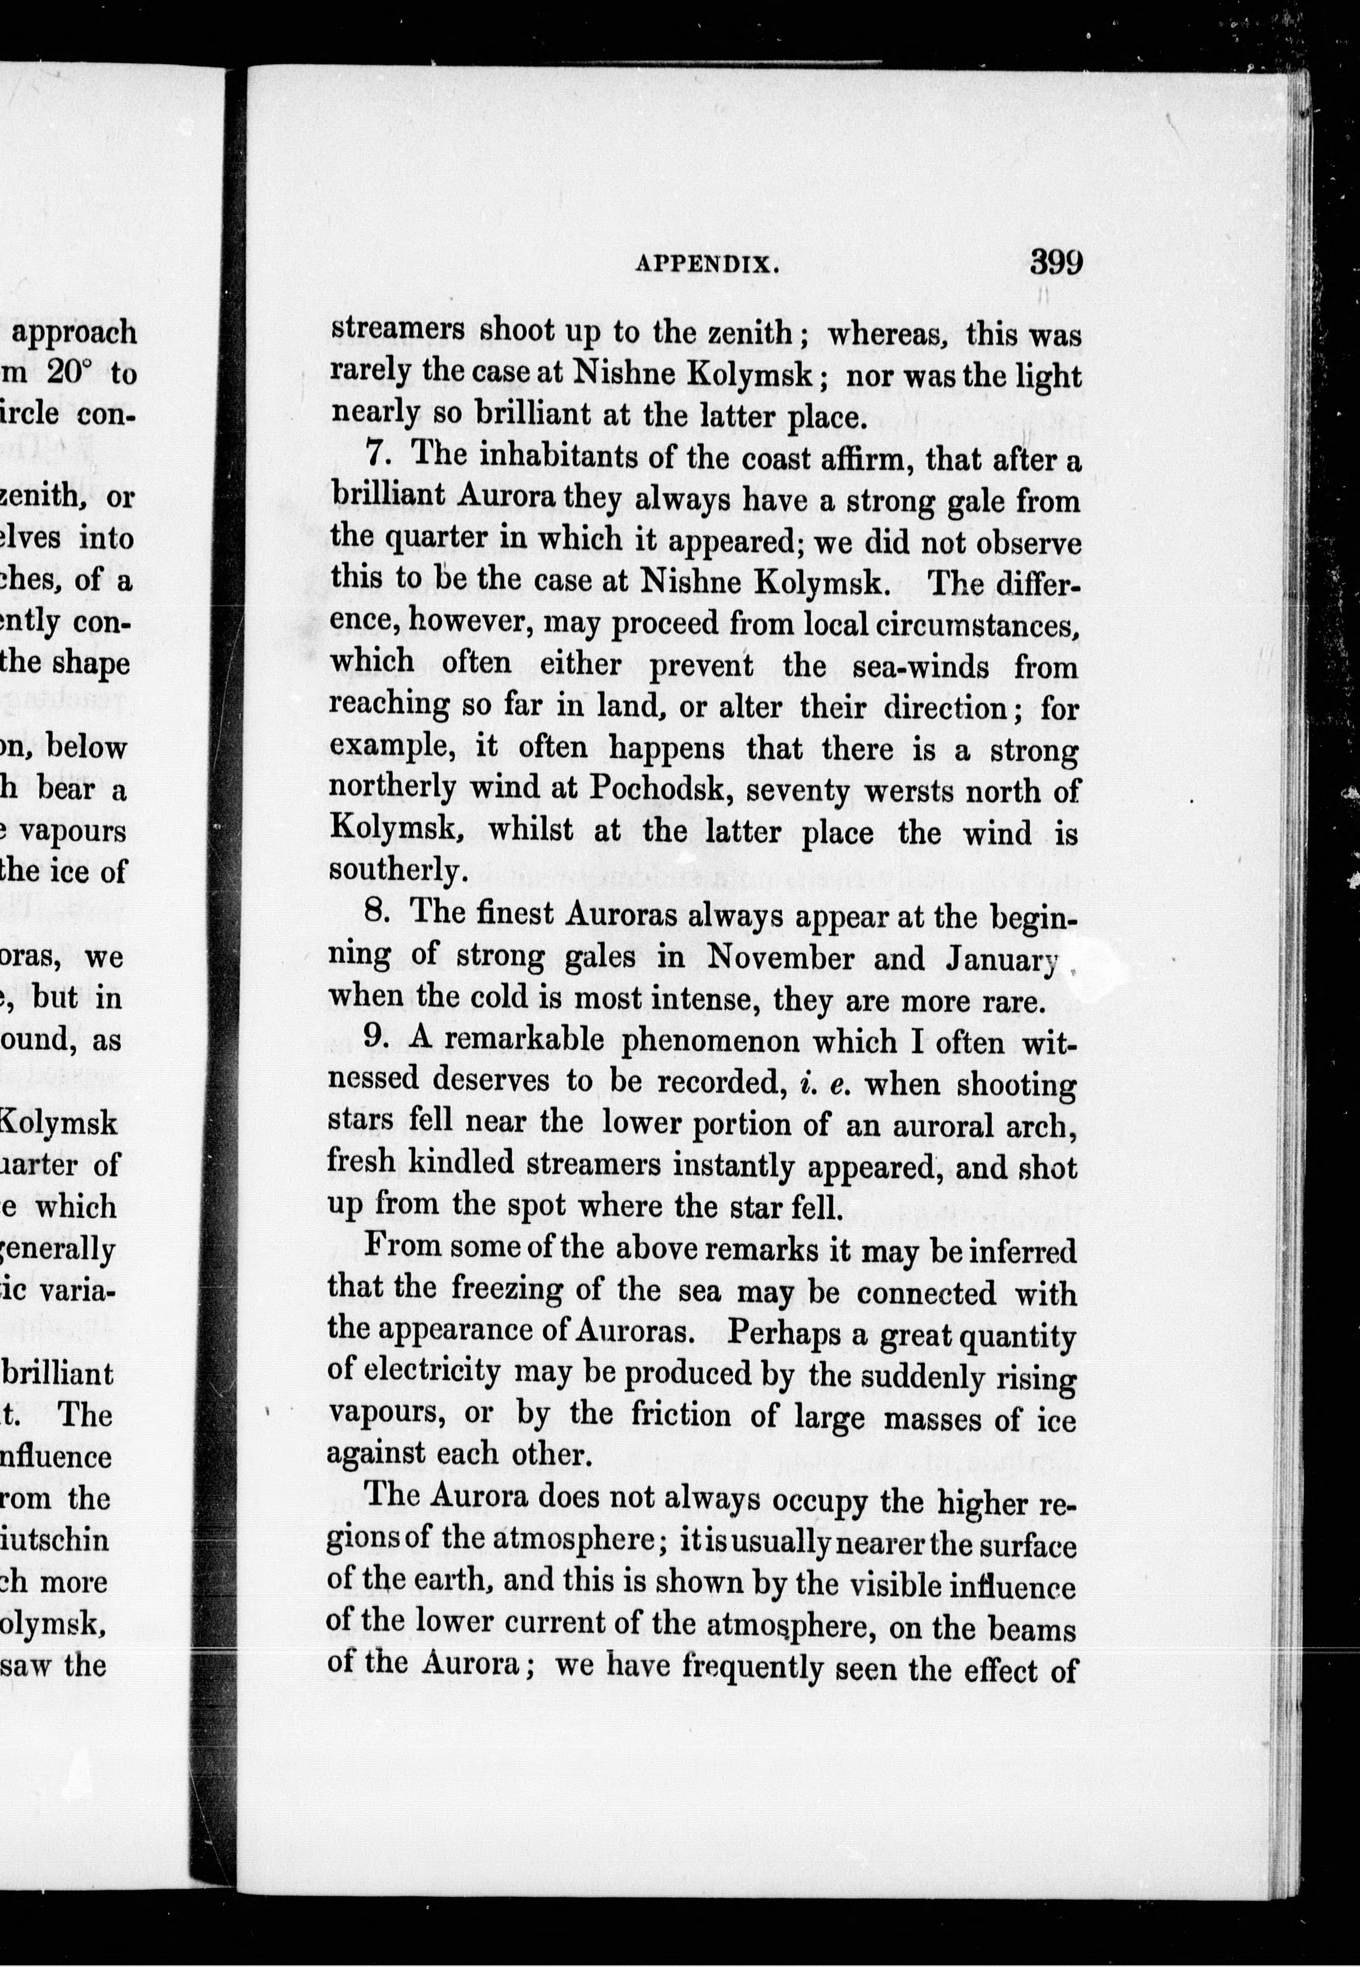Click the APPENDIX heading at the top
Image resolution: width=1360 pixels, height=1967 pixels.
707,264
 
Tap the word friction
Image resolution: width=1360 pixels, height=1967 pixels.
681,1414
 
